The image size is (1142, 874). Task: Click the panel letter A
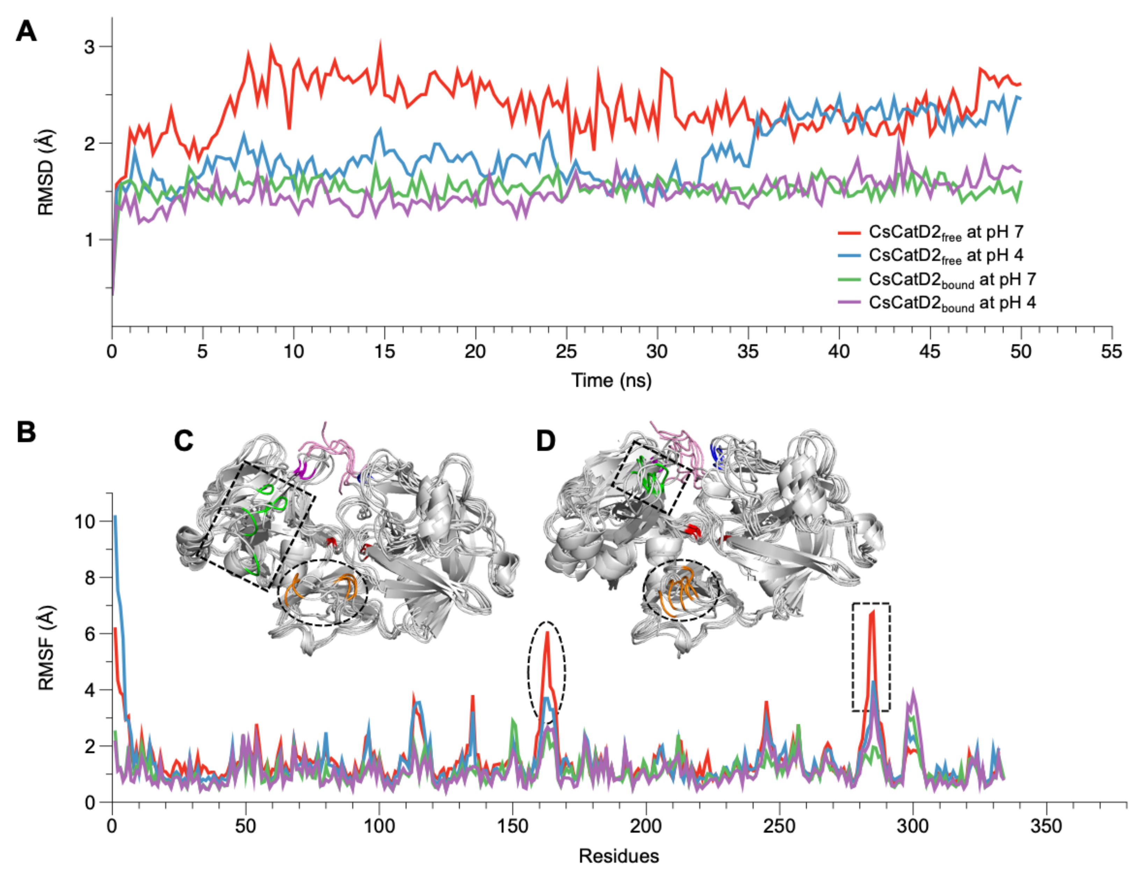[x=26, y=32]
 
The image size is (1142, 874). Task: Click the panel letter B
[x=26, y=432]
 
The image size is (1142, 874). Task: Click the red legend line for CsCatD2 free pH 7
[x=849, y=232]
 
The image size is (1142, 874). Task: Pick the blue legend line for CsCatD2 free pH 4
[x=849, y=256]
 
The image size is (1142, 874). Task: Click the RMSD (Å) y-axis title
[x=46, y=172]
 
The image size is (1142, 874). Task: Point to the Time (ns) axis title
[x=611, y=380]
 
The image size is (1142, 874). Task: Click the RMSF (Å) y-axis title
[x=46, y=648]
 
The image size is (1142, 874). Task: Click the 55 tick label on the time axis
[x=1111, y=352]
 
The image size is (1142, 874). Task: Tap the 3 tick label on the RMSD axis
[x=89, y=47]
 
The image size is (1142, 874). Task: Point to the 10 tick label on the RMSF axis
[x=85, y=521]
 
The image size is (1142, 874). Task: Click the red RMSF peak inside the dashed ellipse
[x=547, y=633]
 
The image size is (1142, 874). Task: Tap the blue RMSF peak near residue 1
[x=115, y=517]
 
